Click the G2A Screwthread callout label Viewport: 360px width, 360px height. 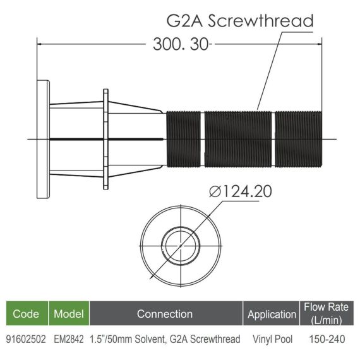point(240,21)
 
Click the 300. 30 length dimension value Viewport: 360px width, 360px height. point(181,44)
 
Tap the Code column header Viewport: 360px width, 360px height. point(26,314)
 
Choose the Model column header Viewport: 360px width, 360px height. point(69,314)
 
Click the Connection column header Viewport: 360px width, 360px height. point(165,314)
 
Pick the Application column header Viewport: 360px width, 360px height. point(272,314)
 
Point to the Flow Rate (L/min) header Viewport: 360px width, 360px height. point(326,314)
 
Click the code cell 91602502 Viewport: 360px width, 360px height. point(26,339)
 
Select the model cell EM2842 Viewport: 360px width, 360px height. point(69,339)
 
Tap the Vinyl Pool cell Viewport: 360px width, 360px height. point(272,339)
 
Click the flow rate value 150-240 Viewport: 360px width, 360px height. point(327,339)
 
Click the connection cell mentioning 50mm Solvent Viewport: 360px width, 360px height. point(165,339)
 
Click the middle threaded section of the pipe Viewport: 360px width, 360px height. point(238,139)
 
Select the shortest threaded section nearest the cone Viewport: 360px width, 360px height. point(183,139)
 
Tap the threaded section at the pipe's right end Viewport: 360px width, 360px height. point(299,139)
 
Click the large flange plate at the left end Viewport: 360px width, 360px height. point(43,140)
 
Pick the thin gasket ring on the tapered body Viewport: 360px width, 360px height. point(105,139)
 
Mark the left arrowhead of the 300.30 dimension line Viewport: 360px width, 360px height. point(39,44)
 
